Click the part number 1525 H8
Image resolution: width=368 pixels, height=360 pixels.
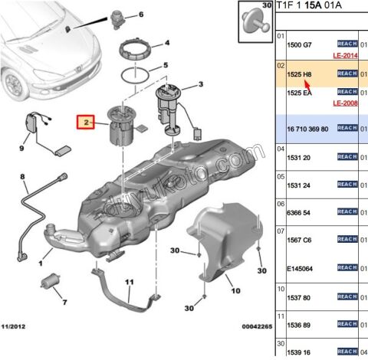[x=299, y=74]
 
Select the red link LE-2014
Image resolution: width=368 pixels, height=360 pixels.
[x=347, y=57]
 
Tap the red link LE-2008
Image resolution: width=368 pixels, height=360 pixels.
[x=347, y=103]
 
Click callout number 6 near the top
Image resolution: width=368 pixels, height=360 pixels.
[x=140, y=15]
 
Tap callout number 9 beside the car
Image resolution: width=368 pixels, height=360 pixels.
[x=22, y=142]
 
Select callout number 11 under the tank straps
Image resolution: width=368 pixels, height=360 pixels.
[x=129, y=282]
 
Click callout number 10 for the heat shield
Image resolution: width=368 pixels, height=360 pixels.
[x=235, y=290]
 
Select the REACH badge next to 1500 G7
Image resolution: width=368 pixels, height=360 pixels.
[x=347, y=44]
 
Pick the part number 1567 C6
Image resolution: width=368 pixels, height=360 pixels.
[x=299, y=242]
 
